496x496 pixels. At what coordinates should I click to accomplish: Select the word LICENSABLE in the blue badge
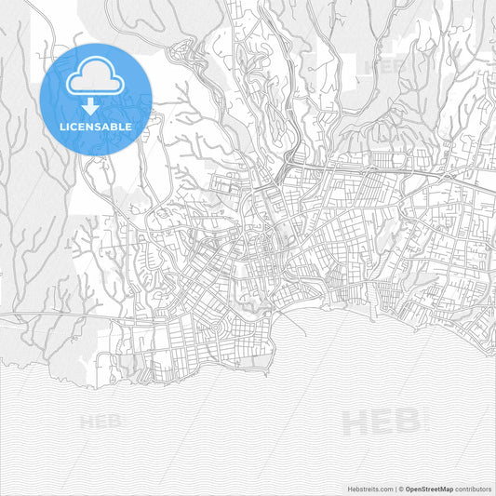pyautogui.click(x=96, y=126)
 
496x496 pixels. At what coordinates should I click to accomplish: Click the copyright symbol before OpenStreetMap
pyautogui.click(x=400, y=489)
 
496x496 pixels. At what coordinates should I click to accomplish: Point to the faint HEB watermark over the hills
pyautogui.click(x=385, y=67)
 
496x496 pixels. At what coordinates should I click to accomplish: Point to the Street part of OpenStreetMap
pyautogui.click(x=430, y=489)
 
